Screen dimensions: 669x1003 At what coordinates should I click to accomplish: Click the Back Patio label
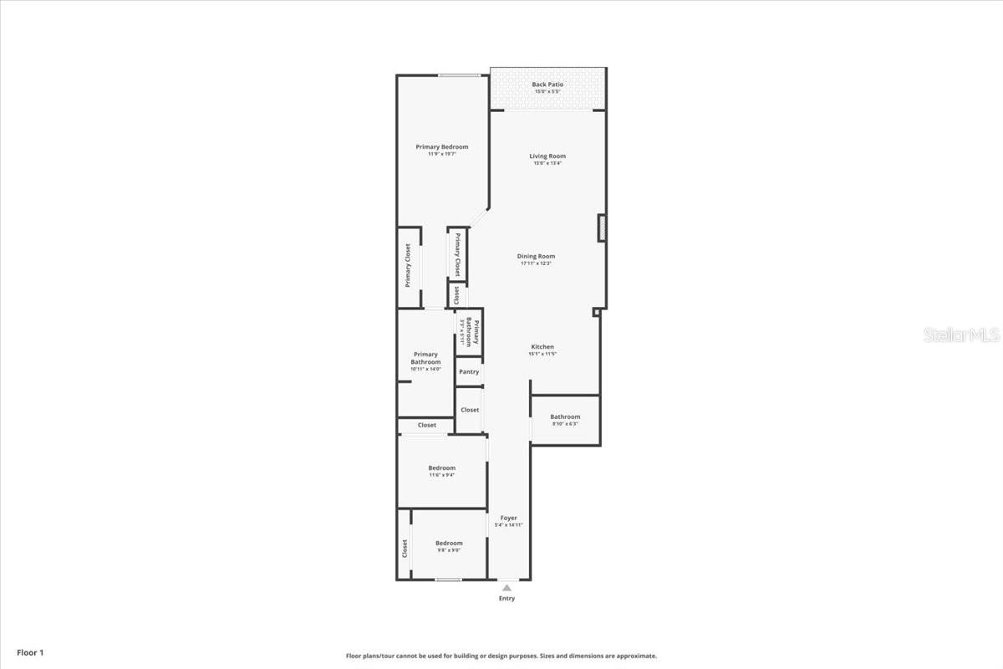point(547,84)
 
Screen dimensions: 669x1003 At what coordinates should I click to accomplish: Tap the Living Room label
point(547,156)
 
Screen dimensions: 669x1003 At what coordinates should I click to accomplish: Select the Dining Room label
point(536,256)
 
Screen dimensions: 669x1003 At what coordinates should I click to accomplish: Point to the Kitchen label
point(542,347)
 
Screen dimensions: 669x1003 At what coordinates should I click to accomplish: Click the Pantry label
point(469,372)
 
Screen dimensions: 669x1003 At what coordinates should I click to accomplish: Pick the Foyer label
point(508,518)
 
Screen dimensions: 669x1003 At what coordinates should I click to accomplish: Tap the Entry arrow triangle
point(507,588)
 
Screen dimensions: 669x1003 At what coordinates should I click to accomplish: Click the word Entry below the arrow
point(507,599)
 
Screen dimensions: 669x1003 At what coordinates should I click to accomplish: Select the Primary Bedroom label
point(442,147)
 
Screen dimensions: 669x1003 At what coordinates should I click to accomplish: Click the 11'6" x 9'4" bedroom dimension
point(442,475)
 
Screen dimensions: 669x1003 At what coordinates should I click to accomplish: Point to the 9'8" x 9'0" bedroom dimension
point(449,550)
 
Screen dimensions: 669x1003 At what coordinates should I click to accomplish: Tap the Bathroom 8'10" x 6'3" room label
point(565,417)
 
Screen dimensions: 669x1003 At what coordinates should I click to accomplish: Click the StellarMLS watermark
point(961,335)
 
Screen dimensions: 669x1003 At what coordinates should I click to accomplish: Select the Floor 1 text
point(29,652)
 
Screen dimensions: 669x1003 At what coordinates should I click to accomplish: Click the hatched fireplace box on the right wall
point(602,227)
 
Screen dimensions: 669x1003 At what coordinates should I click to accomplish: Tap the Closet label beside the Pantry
point(470,410)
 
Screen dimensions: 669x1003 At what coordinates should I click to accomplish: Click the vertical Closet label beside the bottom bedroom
point(405,549)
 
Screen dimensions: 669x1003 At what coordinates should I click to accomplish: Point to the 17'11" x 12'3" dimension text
point(536,263)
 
